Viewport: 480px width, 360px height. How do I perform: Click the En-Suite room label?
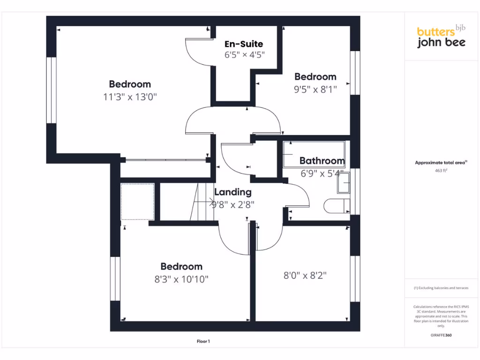244,44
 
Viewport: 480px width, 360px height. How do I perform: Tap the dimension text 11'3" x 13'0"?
130,97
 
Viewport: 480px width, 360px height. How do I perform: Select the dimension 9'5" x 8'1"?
315,89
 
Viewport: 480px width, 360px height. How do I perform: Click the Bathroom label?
322,161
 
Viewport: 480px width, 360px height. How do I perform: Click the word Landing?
233,192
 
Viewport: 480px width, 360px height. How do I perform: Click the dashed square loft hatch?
137,202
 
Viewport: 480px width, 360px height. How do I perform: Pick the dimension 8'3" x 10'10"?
181,279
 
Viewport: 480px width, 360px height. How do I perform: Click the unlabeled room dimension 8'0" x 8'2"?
305,276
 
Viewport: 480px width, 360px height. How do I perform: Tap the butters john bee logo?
441,37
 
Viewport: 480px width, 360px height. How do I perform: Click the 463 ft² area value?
441,171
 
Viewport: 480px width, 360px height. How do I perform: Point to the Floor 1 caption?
203,342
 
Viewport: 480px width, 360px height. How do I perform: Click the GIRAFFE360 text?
441,335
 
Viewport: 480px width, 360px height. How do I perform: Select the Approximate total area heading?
441,163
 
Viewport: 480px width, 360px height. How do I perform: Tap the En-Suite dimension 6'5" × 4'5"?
245,54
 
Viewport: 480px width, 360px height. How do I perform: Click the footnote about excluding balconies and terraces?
441,288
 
